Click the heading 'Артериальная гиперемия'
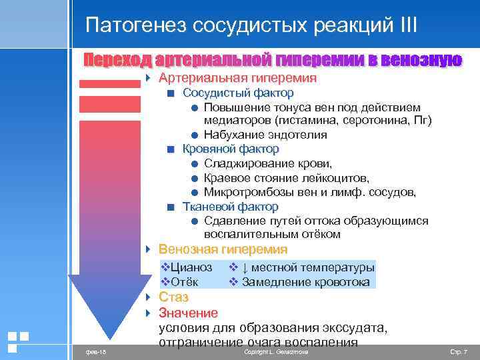click(x=237, y=79)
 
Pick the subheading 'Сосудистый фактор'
click(x=238, y=93)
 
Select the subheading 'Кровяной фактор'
click(x=231, y=149)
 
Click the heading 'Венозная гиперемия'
click(x=223, y=250)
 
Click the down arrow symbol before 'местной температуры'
click(x=245, y=268)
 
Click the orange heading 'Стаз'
click(x=173, y=297)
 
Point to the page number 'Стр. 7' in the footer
click(x=459, y=351)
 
